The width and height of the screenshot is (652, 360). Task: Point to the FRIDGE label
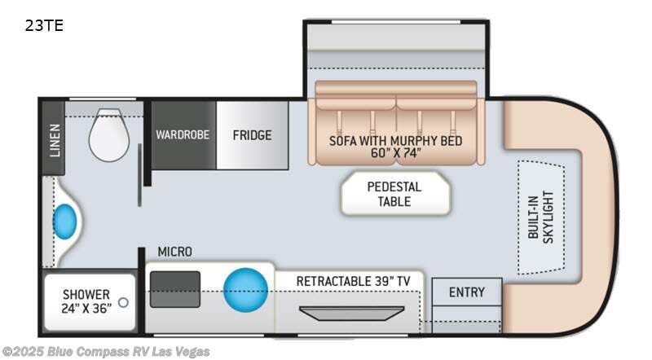(x=251, y=134)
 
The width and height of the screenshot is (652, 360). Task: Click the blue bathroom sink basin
(x=65, y=220)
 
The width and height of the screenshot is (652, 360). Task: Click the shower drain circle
(x=123, y=302)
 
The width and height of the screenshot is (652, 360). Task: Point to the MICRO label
(x=175, y=252)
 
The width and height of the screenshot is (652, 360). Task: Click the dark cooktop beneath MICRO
(x=175, y=288)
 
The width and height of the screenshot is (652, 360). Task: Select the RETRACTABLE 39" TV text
(x=352, y=281)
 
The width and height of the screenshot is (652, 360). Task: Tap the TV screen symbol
(x=351, y=313)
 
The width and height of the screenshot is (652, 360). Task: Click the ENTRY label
(x=466, y=292)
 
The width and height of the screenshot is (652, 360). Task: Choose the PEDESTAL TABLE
(x=394, y=194)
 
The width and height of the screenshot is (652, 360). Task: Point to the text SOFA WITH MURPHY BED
(x=395, y=140)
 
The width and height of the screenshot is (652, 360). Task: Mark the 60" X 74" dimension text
(x=395, y=154)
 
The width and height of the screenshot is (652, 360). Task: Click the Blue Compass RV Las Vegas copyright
(x=106, y=352)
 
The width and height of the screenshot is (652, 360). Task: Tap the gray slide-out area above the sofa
(x=397, y=49)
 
